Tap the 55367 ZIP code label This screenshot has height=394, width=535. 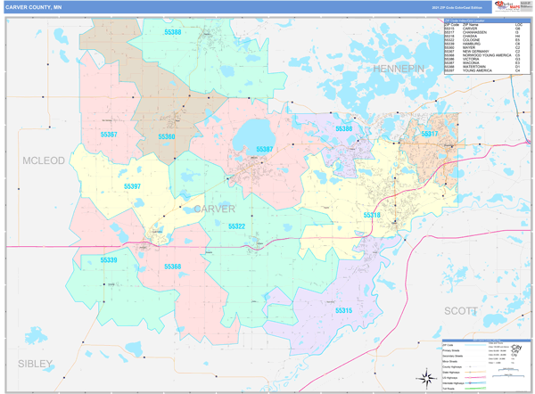pyautogui.click(x=109, y=134)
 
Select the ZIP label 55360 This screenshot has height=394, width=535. pyautogui.click(x=167, y=136)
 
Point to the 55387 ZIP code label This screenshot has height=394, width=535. pyautogui.click(x=265, y=149)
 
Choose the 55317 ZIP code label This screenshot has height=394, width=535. pyautogui.click(x=430, y=134)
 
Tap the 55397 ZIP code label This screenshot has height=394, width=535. pyautogui.click(x=131, y=186)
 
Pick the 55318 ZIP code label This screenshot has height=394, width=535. pyautogui.click(x=372, y=215)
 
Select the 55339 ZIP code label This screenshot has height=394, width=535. pyautogui.click(x=109, y=259)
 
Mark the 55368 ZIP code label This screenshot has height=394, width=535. pyautogui.click(x=172, y=266)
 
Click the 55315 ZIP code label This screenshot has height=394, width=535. pyautogui.click(x=343, y=310)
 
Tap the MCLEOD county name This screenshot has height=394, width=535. pyautogui.click(x=38, y=160)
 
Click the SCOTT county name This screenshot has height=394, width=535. pyautogui.click(x=461, y=309)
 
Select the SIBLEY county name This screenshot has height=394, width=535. pyautogui.click(x=35, y=363)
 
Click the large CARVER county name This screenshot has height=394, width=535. pyautogui.click(x=214, y=208)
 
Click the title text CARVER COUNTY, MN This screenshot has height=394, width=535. pyautogui.click(x=37, y=7)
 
